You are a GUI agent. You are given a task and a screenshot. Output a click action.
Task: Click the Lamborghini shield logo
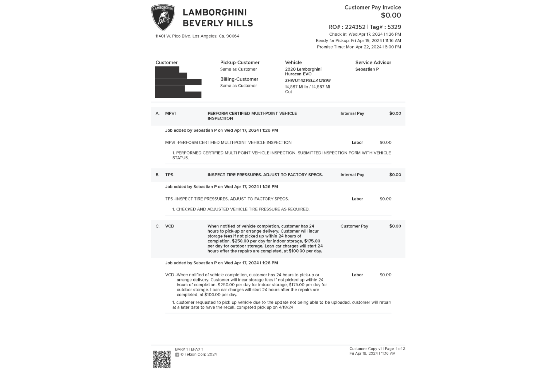[x=163, y=17]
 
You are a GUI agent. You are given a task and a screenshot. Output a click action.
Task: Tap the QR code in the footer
[x=162, y=359]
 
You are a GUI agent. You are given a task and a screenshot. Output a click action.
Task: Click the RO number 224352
[x=355, y=27]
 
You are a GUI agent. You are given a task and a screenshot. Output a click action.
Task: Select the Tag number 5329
[x=394, y=27]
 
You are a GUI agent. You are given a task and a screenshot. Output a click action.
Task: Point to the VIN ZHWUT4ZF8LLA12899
[x=308, y=80]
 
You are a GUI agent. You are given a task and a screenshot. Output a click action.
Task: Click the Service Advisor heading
[x=373, y=63]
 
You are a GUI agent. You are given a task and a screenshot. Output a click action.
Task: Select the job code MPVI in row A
[x=170, y=113]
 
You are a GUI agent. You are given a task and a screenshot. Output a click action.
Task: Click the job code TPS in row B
[x=169, y=175]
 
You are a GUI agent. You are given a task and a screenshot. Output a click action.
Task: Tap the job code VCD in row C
[x=170, y=226]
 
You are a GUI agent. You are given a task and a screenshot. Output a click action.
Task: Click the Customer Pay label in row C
[x=354, y=226]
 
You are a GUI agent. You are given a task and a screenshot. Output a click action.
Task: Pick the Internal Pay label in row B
[x=352, y=175]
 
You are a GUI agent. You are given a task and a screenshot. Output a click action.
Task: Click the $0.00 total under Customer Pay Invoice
[x=391, y=15]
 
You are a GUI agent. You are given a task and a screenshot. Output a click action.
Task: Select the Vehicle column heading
[x=293, y=63]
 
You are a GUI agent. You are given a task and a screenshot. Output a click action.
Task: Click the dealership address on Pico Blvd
[x=197, y=36]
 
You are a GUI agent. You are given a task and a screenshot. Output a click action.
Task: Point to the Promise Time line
[x=359, y=47]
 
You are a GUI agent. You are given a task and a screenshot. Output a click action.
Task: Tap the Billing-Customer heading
[x=239, y=79]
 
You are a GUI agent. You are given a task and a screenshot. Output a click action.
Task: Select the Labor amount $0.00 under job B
[x=385, y=199]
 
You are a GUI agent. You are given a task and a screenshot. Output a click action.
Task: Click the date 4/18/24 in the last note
[x=286, y=307]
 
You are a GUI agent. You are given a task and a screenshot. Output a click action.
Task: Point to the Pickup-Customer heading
[x=240, y=63]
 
